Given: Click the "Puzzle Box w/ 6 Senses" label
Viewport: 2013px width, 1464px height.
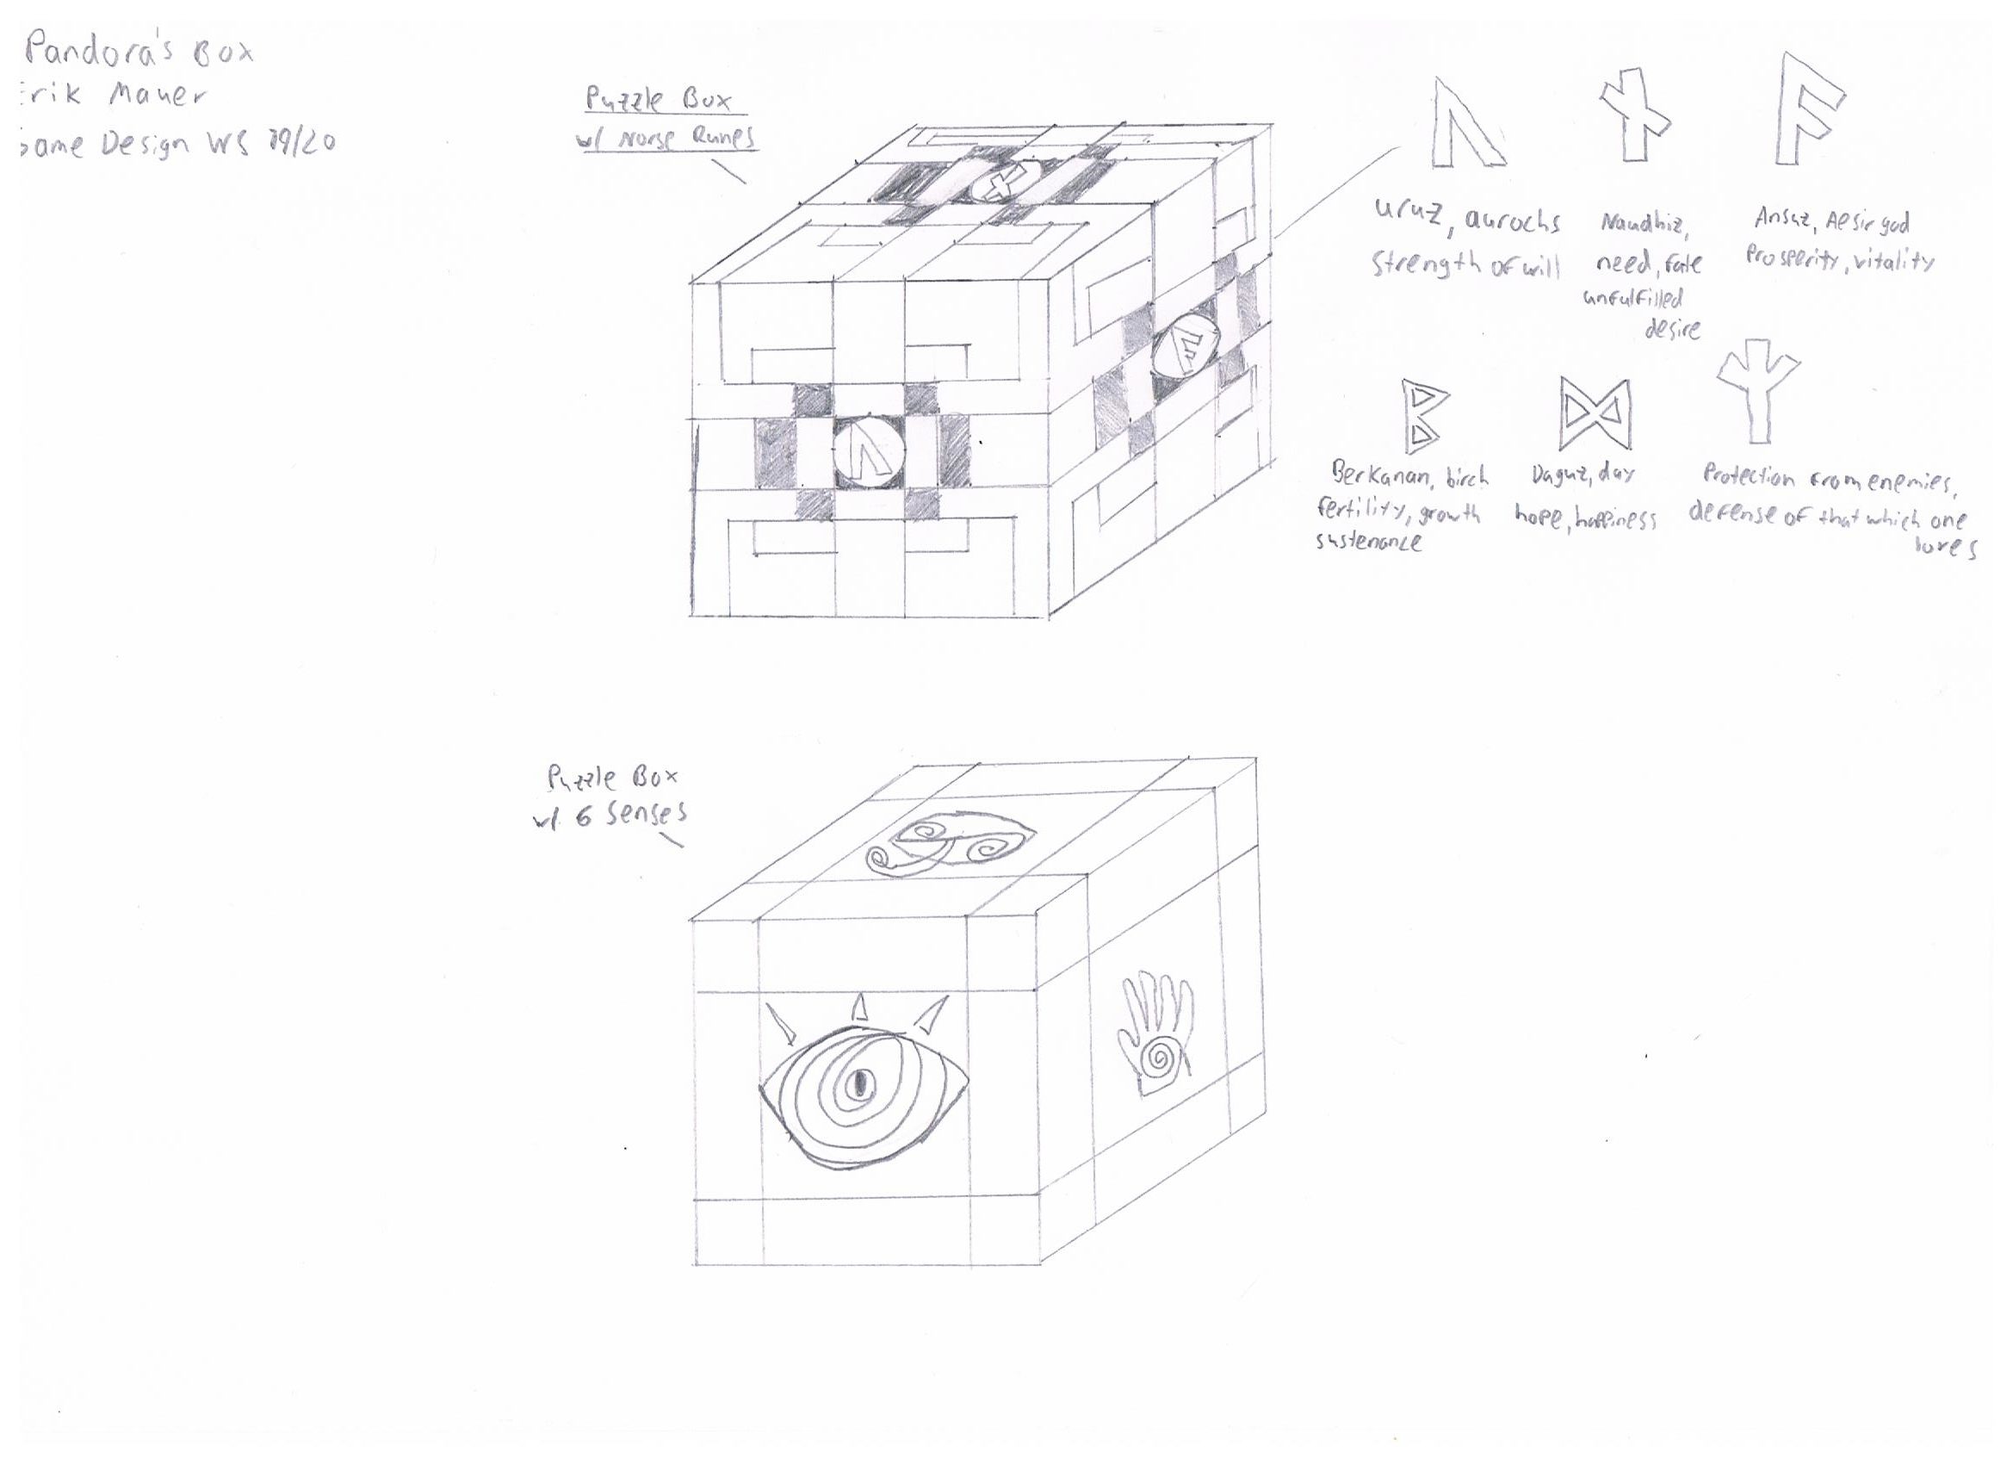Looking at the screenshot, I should tap(612, 797).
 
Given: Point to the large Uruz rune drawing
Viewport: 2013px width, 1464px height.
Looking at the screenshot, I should tap(1465, 124).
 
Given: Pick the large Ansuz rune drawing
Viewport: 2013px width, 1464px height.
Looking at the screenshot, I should tap(1806, 111).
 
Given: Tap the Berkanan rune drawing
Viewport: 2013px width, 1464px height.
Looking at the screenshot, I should tap(1421, 415).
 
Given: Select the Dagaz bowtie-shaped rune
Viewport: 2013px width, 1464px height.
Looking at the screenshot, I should tap(1594, 413).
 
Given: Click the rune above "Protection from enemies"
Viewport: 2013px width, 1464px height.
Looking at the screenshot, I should tap(1756, 391).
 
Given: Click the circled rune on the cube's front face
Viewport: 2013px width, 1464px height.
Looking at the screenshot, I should tap(869, 453).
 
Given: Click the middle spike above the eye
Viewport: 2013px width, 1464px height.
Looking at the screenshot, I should tap(858, 1007).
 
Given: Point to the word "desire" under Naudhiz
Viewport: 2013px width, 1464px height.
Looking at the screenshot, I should tap(1672, 329).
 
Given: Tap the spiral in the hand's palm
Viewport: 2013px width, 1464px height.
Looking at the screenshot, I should tap(1157, 1058).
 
